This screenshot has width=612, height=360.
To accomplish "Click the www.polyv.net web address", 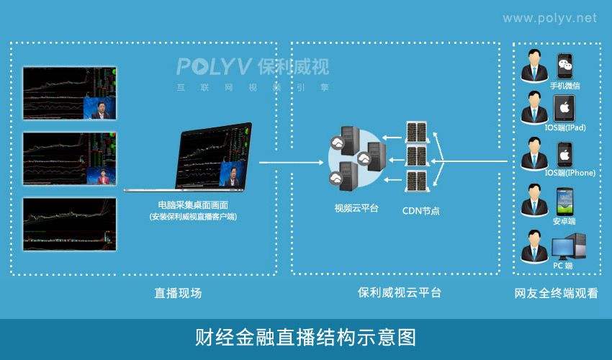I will click(x=549, y=18).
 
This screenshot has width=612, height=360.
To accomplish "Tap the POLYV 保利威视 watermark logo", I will click(x=253, y=68).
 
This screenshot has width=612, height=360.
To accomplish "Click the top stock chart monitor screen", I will click(x=69, y=94).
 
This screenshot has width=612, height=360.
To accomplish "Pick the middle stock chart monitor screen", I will click(x=69, y=159).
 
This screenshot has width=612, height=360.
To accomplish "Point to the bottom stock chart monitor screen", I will click(x=69, y=224).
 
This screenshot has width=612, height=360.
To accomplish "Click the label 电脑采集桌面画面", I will click(x=193, y=205).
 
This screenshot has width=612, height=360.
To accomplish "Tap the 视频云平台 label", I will click(x=356, y=209).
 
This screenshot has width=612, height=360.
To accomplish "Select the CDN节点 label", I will click(x=420, y=211).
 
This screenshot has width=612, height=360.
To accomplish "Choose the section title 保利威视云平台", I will click(x=399, y=293).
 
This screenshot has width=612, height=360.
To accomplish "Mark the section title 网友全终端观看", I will click(x=556, y=293).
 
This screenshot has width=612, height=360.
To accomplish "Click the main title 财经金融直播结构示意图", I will click(x=305, y=337).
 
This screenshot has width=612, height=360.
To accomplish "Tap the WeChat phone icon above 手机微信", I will click(x=565, y=66).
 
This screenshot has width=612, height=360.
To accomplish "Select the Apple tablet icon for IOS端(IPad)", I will click(x=565, y=109).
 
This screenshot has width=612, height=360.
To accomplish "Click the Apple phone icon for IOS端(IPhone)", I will click(x=565, y=154).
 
